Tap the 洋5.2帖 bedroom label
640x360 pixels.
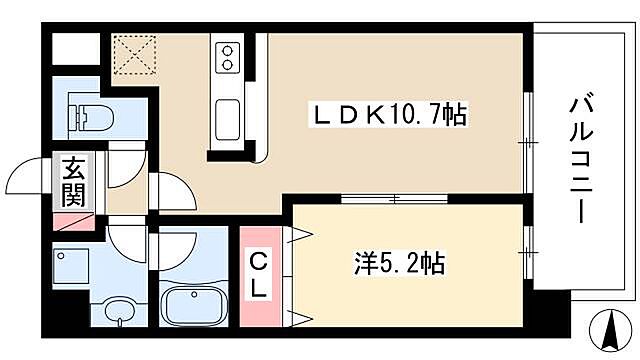397,265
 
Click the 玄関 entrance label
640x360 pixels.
73,181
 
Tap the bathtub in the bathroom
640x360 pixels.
195,302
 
